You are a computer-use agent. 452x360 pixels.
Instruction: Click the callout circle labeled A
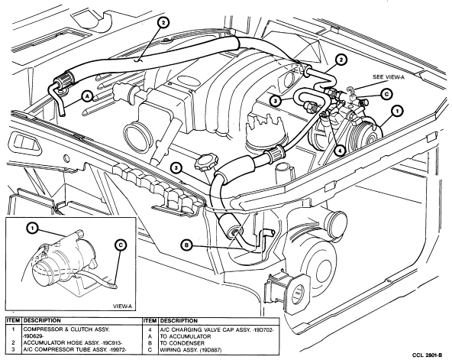click(x=87, y=96)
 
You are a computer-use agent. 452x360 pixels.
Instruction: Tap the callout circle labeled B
click(x=186, y=245)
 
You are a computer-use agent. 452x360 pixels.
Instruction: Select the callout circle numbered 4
click(x=341, y=151)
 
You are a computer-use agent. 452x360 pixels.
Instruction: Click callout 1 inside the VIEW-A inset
click(x=32, y=229)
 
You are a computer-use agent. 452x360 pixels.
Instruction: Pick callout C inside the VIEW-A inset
click(x=121, y=245)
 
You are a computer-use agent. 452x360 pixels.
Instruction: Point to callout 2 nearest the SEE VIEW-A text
click(x=341, y=60)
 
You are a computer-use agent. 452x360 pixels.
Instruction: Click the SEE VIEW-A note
click(x=389, y=77)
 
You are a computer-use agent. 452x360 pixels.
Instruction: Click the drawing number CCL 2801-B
click(x=427, y=355)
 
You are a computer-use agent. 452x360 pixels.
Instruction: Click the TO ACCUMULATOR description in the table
click(x=186, y=336)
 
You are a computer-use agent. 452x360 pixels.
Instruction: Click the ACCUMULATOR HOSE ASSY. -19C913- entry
click(x=73, y=343)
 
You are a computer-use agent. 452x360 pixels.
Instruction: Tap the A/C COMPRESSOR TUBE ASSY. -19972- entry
click(x=75, y=350)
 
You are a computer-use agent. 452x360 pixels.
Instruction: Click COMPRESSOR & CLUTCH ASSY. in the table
click(x=66, y=329)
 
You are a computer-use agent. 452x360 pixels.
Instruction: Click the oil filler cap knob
click(x=206, y=163)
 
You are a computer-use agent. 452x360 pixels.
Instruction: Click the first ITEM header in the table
click(x=14, y=320)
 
